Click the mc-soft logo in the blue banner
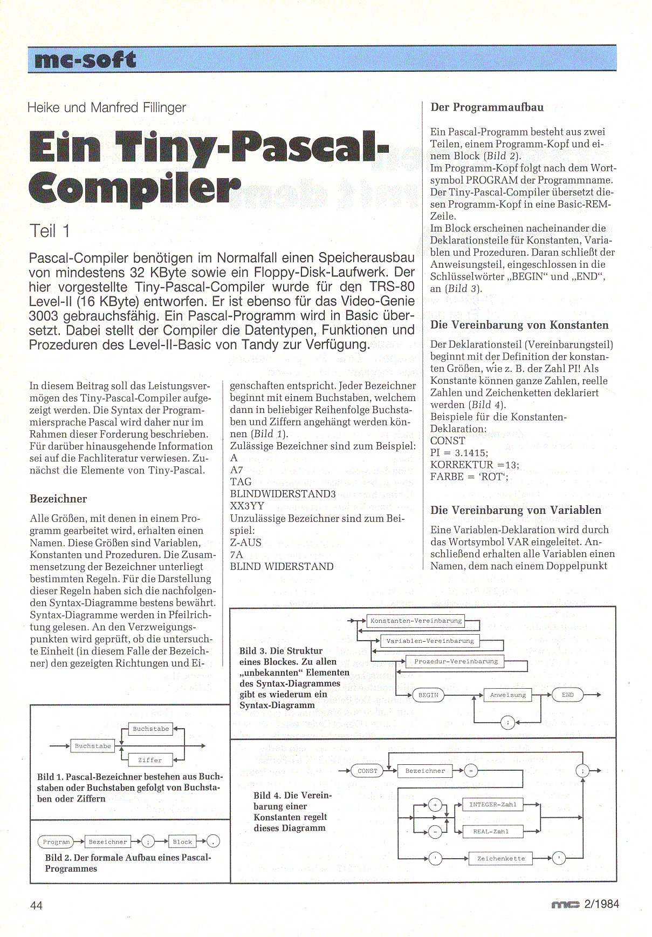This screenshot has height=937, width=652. tap(85, 59)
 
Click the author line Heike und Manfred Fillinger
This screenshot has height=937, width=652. tap(107, 107)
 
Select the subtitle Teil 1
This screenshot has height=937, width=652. tap(50, 231)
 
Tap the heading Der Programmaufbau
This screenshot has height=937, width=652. tap(486, 107)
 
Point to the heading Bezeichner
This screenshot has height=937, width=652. tap(58, 499)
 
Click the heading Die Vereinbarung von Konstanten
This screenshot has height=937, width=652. tap(519, 325)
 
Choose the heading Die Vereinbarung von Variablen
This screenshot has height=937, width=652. tap(515, 510)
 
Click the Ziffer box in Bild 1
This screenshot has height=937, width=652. tap(150, 760)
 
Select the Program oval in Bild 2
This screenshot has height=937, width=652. tap(56, 841)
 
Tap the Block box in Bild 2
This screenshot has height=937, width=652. tap(182, 841)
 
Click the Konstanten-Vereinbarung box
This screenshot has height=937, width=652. tap(416, 621)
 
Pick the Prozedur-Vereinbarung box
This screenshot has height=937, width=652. tap(456, 661)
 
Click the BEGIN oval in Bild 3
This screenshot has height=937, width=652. tap(428, 695)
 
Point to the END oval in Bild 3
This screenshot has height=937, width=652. tap(567, 695)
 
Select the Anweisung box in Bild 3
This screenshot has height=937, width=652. tap(507, 695)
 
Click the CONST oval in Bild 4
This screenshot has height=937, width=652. tap(367, 771)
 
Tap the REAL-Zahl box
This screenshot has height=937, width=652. tap(491, 832)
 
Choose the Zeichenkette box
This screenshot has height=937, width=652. tap(500, 858)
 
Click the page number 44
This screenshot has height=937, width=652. tap(36, 905)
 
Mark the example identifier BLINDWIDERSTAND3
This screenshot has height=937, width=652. tap(283, 494)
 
